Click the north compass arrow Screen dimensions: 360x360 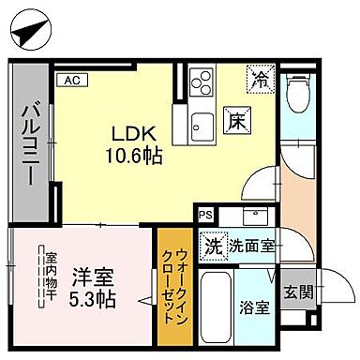tap(31, 31)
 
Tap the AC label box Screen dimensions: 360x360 tap(71, 80)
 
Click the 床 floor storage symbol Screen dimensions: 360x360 tap(237, 121)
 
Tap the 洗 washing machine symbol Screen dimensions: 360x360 tap(213, 247)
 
